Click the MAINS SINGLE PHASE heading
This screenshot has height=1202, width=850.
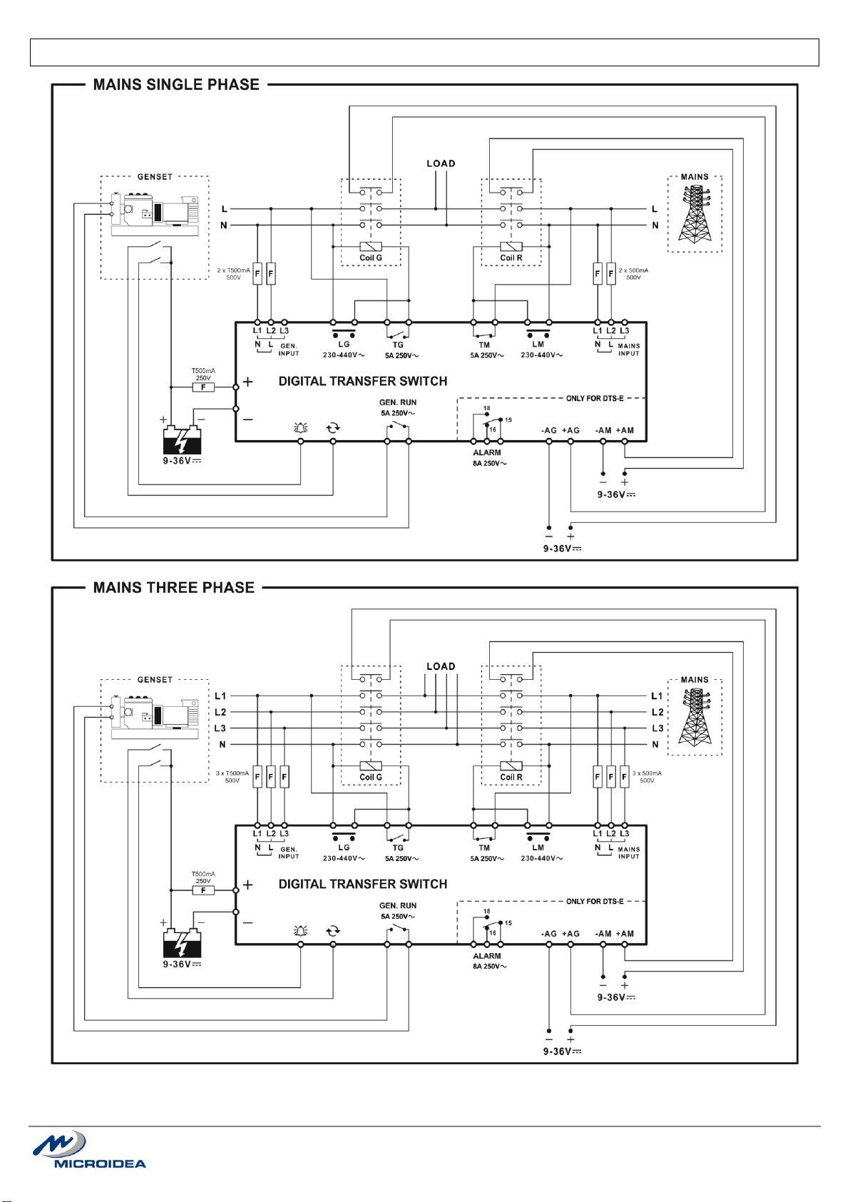tap(176, 85)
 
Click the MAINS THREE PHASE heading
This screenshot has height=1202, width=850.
tap(174, 588)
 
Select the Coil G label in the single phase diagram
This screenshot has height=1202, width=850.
tap(371, 258)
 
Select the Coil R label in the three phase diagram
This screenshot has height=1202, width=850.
tap(511, 777)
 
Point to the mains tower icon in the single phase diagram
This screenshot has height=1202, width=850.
tap(695, 215)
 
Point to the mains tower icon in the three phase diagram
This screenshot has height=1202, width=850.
tap(695, 718)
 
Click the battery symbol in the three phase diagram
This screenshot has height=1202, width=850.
tap(182, 943)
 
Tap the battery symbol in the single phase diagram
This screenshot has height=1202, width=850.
tap(182, 440)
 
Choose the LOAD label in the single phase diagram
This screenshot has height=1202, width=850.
tap(441, 163)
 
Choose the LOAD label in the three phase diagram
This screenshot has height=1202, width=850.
tap(441, 666)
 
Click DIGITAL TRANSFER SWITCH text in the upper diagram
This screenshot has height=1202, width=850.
tap(362, 382)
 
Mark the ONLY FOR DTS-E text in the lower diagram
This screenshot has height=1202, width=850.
tap(595, 902)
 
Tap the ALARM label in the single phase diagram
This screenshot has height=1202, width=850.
tap(487, 453)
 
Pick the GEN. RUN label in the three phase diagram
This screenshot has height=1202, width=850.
tap(398, 906)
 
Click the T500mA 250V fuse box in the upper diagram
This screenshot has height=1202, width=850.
tap(203, 387)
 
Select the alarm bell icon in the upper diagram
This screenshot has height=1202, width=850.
tap(300, 428)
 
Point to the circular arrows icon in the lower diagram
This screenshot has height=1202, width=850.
tap(333, 931)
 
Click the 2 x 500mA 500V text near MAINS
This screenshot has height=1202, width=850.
tap(633, 274)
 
